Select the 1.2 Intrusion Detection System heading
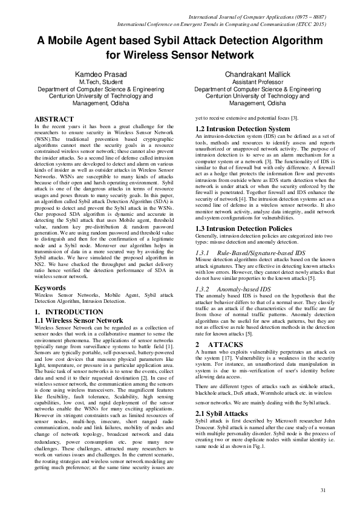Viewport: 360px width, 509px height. (x=242, y=129)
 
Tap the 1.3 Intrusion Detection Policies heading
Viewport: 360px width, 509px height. (x=243, y=245)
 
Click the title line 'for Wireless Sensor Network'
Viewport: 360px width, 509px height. (x=180, y=54)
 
